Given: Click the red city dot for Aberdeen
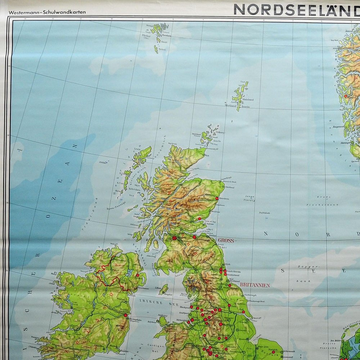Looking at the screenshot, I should [217, 198].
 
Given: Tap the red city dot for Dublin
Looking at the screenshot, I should [125, 315].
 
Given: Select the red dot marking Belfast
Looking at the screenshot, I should [138, 275].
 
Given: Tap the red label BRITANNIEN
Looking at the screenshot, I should [255, 285].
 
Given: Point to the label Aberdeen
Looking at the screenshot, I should [226, 198].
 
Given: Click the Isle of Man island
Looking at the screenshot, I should [164, 289].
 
